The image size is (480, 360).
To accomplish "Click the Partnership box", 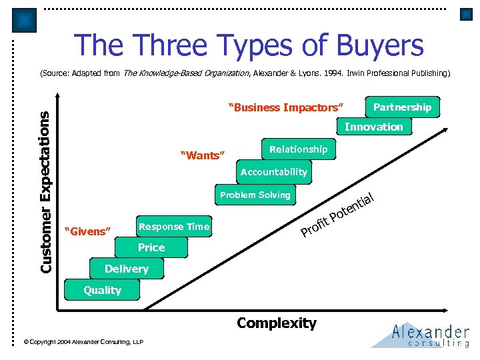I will pos(402,107).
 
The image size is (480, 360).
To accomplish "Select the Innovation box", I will pos(373,127).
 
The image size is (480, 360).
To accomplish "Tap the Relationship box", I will pos(298,149).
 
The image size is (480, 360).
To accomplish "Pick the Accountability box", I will pos(273,172).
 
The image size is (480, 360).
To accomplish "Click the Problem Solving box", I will pos(255,195).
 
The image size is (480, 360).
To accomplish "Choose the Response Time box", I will pos(173,227).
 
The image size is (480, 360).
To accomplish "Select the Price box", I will pos(151,247).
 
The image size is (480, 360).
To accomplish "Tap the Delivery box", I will pos(126,269).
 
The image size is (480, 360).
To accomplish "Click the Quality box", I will pos(102,290).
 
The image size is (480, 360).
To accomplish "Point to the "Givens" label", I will pos(85,231).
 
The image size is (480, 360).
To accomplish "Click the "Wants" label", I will pos(203,156).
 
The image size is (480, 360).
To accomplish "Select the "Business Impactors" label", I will pos(286,108).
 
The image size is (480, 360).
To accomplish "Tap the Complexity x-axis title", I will pos(276,323).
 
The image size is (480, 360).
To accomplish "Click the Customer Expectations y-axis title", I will pos(45,191).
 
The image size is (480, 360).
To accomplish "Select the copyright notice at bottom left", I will pos(83,341).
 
